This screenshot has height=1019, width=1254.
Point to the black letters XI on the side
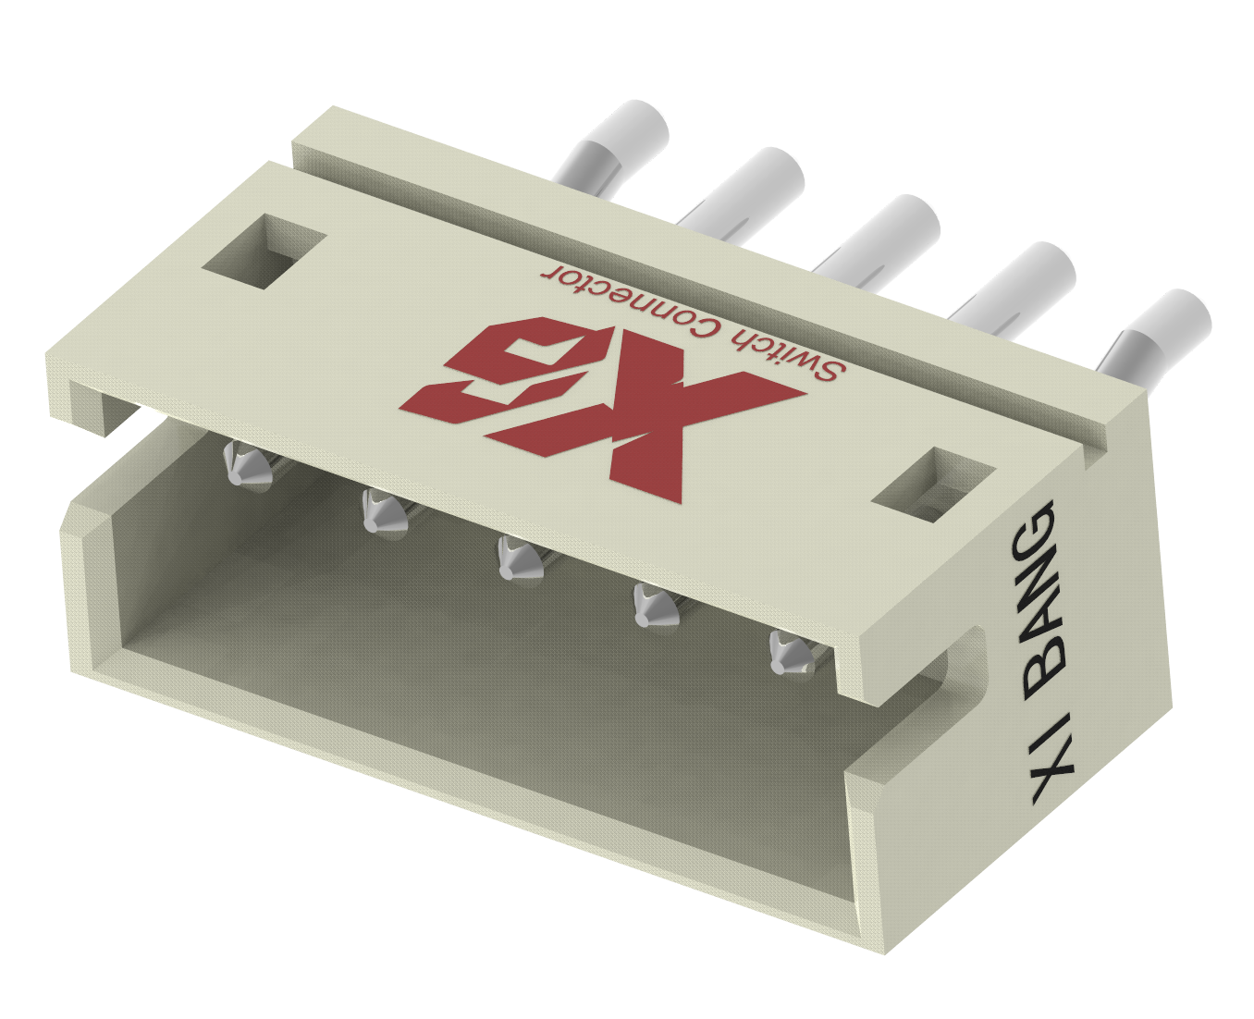1054,758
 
